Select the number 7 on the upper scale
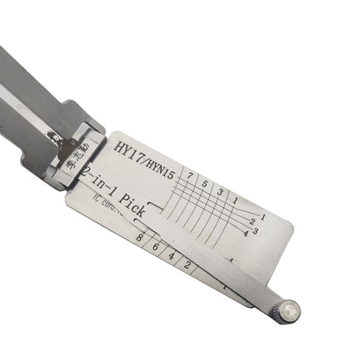[190, 177]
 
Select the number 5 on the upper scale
[205, 182]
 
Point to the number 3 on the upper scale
[220, 188]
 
